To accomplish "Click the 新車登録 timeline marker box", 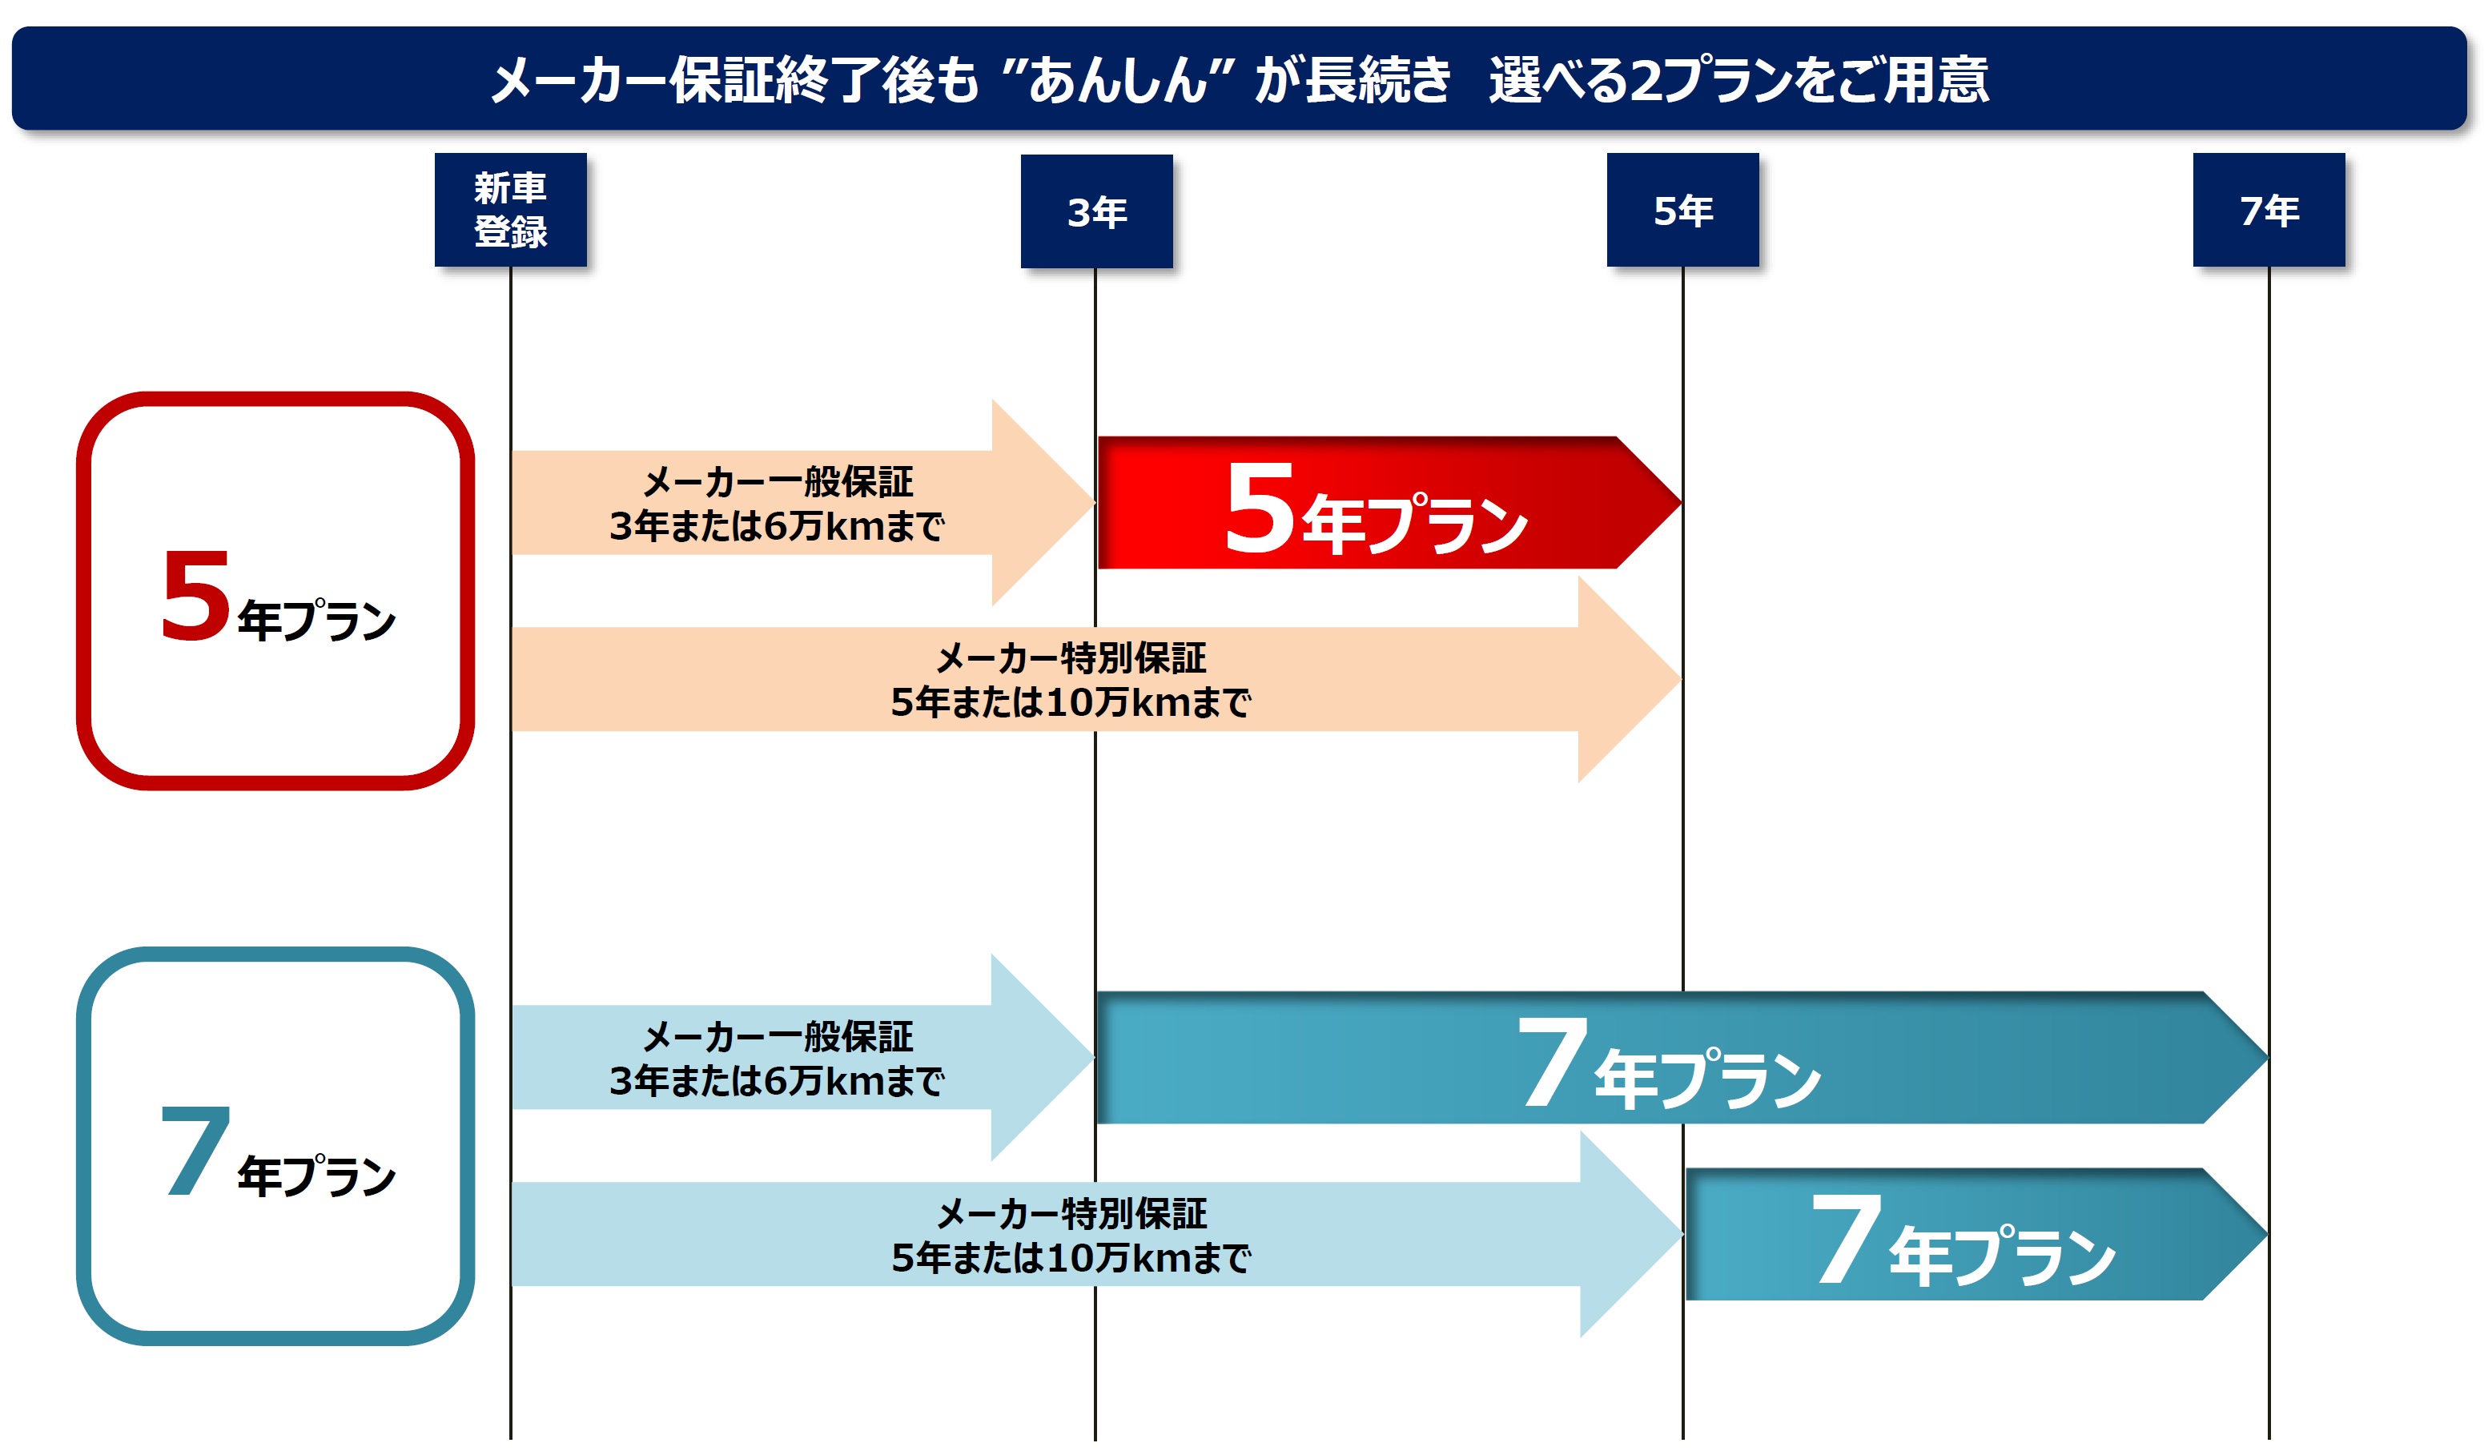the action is (511, 209).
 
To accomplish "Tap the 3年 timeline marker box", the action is (1096, 211).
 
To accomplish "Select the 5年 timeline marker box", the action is (1682, 209).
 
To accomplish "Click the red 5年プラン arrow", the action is (1389, 503).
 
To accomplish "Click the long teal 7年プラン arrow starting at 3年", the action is (1682, 1058).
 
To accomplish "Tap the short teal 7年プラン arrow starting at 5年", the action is (1976, 1234).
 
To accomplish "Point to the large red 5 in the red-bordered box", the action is (195, 596).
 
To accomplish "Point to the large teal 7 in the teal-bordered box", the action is (195, 1151).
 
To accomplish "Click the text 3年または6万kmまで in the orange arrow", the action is (777, 526).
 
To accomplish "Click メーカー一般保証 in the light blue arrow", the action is (778, 1037).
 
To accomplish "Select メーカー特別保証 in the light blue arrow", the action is (1071, 1213).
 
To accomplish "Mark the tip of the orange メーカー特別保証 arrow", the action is (1681, 679).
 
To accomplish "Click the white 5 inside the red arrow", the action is (1260, 508).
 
